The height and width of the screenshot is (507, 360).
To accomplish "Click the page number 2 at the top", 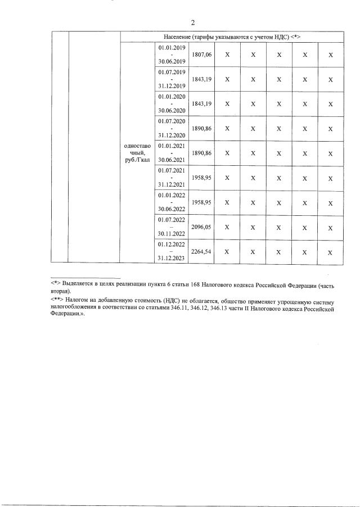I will tap(192, 23).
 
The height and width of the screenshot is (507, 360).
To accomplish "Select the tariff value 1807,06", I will tap(201, 55).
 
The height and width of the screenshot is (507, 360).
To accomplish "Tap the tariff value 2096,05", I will tap(201, 227).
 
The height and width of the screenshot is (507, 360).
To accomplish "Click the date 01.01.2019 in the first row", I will tap(172, 49).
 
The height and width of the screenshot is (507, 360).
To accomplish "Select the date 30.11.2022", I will tap(172, 234).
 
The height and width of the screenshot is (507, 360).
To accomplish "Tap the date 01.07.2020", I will tap(172, 121).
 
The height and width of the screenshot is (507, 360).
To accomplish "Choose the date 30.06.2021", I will tap(172, 160).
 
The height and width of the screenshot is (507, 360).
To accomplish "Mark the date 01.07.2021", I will tap(172, 170).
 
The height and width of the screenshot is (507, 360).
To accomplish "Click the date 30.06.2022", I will tap(172, 209).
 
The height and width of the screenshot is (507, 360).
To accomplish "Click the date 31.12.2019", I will tap(172, 87).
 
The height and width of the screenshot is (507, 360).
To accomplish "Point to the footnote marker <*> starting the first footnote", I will tap(55, 285).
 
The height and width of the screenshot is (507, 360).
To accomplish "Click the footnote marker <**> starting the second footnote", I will tap(57, 302).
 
